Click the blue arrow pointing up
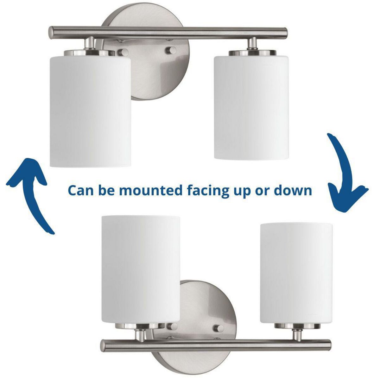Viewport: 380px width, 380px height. click(34, 189)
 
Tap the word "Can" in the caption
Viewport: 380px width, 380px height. click(81, 191)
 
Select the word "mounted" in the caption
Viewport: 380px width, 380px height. click(151, 191)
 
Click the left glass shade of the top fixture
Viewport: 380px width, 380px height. click(91, 111)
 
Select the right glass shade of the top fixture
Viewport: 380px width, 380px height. click(251, 107)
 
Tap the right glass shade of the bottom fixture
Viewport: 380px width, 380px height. click(296, 273)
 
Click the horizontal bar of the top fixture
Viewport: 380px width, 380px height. click(168, 33)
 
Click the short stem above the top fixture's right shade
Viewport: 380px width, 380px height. click(252, 43)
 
